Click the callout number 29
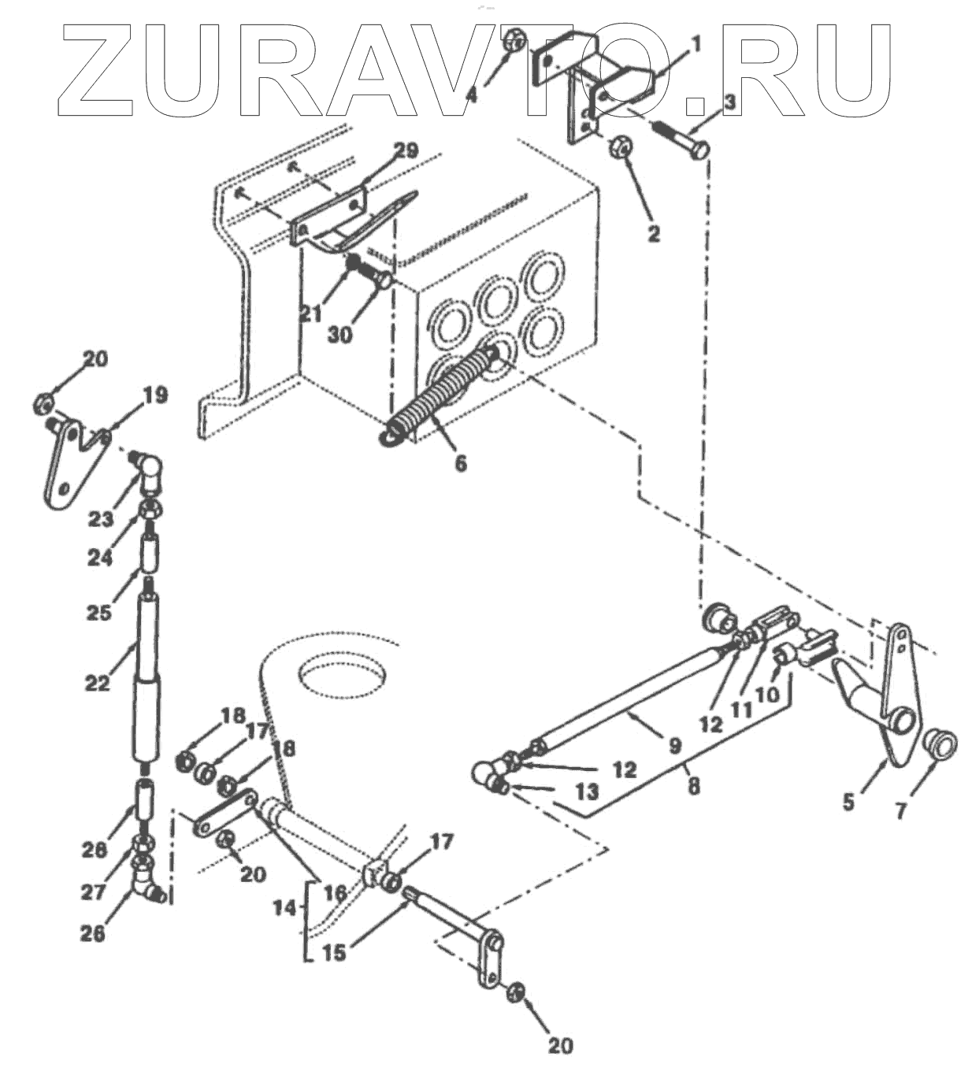point(408,150)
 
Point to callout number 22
point(97,682)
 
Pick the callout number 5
point(848,803)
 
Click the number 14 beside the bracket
point(288,908)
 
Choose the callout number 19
point(155,395)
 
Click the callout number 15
point(334,952)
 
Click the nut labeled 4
point(514,40)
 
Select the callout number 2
point(653,233)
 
